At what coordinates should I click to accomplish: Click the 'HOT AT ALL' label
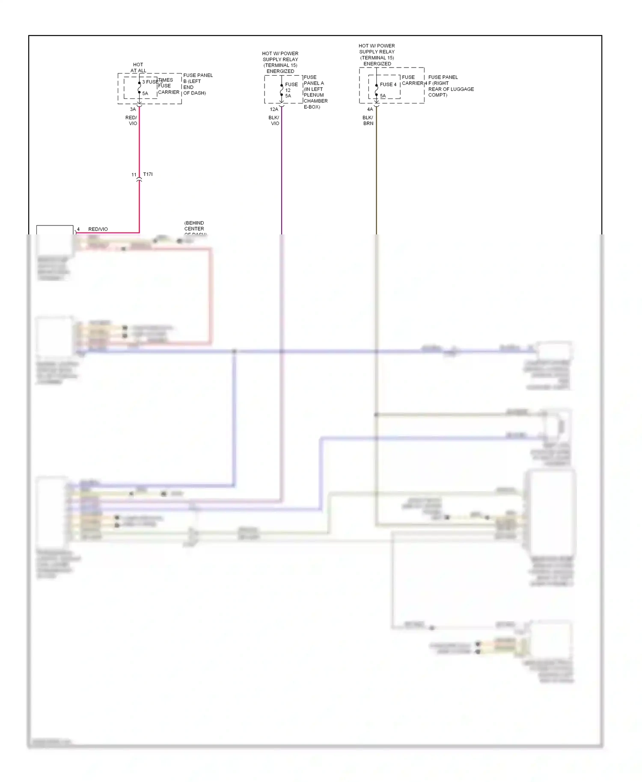[x=138, y=68]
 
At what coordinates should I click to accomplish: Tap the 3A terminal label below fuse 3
[x=133, y=109]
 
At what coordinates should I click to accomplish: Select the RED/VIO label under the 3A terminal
[x=132, y=120]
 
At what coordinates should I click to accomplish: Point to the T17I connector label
[x=148, y=174]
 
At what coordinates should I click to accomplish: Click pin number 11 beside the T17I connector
[x=134, y=175]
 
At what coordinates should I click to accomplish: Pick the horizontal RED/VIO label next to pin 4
[x=98, y=229]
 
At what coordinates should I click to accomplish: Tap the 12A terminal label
[x=274, y=109]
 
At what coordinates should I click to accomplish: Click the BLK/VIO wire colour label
[x=274, y=120]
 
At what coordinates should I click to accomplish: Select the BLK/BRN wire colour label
[x=368, y=120]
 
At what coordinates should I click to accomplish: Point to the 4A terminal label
[x=370, y=109]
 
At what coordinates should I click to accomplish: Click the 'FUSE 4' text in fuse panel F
[x=388, y=84]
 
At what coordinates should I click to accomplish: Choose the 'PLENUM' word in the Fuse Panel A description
[x=314, y=95]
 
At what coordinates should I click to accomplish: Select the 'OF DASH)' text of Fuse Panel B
[x=195, y=93]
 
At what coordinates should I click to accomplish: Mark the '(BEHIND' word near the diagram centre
[x=194, y=223]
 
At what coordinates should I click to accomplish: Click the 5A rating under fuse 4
[x=383, y=96]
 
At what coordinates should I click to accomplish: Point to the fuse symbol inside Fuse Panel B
[x=139, y=88]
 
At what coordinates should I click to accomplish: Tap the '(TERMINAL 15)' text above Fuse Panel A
[x=280, y=65]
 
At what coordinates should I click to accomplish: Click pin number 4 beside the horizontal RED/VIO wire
[x=78, y=229]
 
